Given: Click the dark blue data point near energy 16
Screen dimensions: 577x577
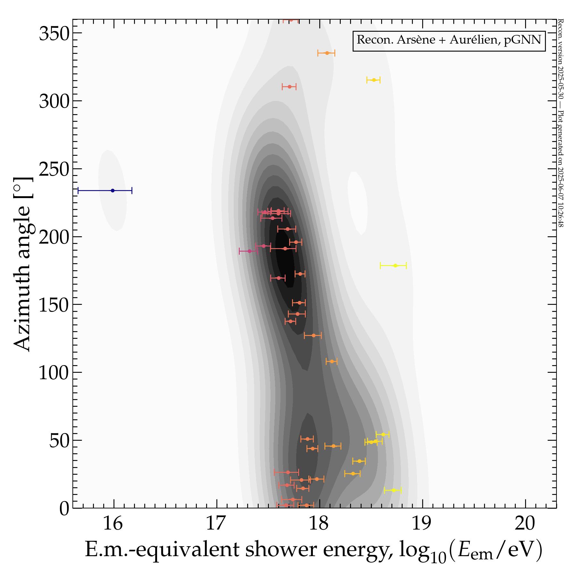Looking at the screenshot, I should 113,190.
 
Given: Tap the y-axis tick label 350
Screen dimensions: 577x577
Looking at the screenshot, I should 54,33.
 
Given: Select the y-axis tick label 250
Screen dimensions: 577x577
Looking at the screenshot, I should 54,169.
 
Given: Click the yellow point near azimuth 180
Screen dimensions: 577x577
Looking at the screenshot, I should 395,265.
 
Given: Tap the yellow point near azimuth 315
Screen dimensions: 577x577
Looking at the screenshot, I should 374,80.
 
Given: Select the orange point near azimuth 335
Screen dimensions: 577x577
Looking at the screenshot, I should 327,53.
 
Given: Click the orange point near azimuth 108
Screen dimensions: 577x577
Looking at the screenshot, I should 332,361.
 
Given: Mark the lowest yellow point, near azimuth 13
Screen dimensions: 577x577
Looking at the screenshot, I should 394,490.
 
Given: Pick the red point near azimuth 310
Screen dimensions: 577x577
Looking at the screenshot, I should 289,87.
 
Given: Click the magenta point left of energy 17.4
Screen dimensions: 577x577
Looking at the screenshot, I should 249,251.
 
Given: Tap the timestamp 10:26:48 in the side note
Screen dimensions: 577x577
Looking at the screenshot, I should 560,213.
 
